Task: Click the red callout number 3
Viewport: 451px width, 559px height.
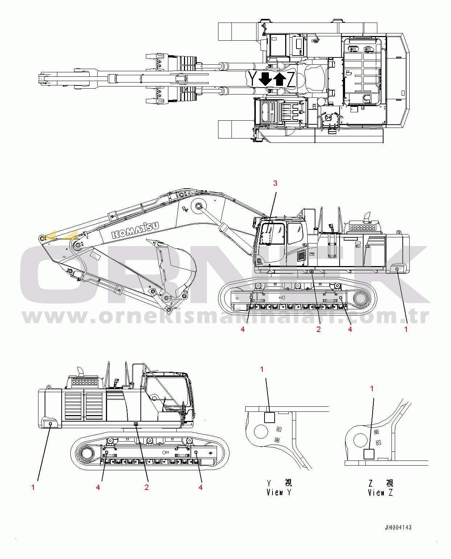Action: point(275,183)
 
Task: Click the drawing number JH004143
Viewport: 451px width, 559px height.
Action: point(398,527)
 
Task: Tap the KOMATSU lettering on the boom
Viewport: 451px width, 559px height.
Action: point(135,230)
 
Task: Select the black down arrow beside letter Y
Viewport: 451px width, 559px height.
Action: point(265,79)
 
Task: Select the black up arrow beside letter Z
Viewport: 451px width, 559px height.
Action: point(280,79)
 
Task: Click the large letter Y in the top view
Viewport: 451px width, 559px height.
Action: point(252,79)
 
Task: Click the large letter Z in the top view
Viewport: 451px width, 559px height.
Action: point(291,79)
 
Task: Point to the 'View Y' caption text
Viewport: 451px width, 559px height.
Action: point(279,492)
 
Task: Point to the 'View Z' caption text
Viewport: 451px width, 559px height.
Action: point(380,492)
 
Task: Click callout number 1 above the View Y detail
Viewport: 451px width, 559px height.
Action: point(262,369)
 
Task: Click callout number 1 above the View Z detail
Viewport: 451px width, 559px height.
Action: point(372,389)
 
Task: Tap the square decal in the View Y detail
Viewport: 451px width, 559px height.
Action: point(269,417)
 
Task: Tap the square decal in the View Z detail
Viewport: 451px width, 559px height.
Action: point(369,454)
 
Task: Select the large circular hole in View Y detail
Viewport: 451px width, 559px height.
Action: point(261,432)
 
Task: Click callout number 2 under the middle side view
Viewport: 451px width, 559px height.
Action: point(319,329)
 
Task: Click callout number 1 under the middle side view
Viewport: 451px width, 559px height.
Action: point(406,329)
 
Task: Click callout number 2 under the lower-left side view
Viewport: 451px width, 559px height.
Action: point(147,487)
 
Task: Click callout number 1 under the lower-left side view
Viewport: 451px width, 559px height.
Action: point(33,487)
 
